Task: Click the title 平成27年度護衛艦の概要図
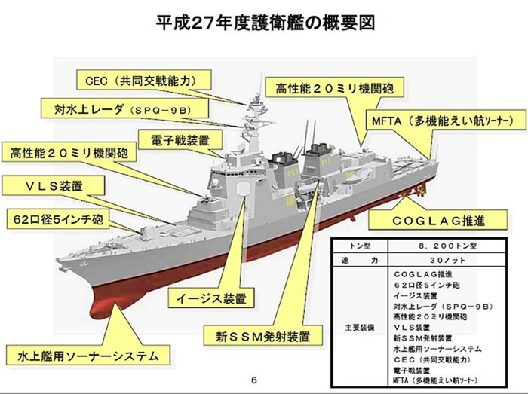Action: (x=265, y=23)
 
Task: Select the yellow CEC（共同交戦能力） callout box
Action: (x=144, y=80)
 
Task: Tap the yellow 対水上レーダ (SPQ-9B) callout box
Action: (x=124, y=108)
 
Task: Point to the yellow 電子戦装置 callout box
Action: (x=180, y=140)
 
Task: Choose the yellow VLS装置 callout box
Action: (x=54, y=185)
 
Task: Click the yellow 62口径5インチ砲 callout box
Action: (x=58, y=219)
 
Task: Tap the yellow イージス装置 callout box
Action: (x=211, y=298)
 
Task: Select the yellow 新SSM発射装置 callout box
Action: (x=262, y=335)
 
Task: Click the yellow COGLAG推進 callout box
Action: (x=438, y=220)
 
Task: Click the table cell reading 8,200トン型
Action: (x=447, y=246)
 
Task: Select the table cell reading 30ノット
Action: (x=447, y=260)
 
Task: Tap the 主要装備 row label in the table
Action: (x=359, y=327)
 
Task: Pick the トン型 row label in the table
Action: (x=360, y=246)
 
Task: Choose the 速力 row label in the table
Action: (x=360, y=260)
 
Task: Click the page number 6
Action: (x=254, y=380)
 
